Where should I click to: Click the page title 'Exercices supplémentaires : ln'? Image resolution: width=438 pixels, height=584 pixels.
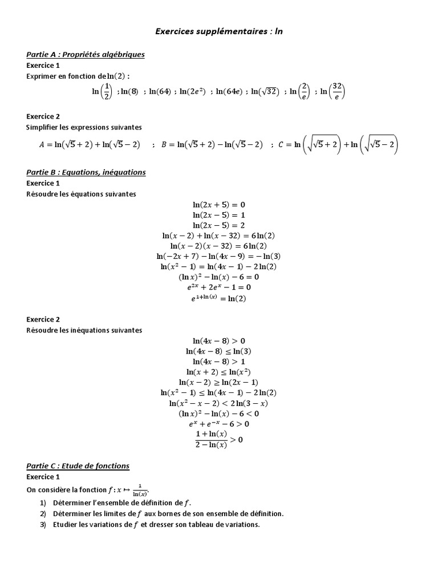click(219, 31)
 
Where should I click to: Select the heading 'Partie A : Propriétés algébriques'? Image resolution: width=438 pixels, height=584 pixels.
click(86, 55)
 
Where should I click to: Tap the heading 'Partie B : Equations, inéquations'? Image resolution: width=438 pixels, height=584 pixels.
click(86, 172)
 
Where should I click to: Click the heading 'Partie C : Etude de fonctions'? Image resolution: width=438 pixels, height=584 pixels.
click(78, 466)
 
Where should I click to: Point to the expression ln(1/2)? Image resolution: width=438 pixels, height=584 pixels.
click(102, 91)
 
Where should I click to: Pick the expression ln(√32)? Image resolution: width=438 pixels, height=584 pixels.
click(265, 91)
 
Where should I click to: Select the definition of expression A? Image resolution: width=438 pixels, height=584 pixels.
click(90, 145)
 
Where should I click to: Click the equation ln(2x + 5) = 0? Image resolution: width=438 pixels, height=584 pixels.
click(219, 205)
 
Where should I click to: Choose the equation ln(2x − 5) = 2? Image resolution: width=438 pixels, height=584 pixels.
click(219, 225)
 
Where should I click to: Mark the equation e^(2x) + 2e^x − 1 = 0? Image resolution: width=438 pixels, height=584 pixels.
click(219, 287)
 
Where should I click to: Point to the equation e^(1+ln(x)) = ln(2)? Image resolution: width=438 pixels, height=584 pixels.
click(219, 298)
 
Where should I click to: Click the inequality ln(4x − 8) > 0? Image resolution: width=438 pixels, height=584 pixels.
click(219, 341)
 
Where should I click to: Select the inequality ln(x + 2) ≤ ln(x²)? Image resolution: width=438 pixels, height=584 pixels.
click(219, 372)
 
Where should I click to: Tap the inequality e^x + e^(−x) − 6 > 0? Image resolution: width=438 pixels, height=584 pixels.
click(219, 424)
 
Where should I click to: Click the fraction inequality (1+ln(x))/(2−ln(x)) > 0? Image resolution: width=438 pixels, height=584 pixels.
click(219, 440)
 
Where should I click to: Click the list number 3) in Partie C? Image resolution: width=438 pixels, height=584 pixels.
click(43, 525)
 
